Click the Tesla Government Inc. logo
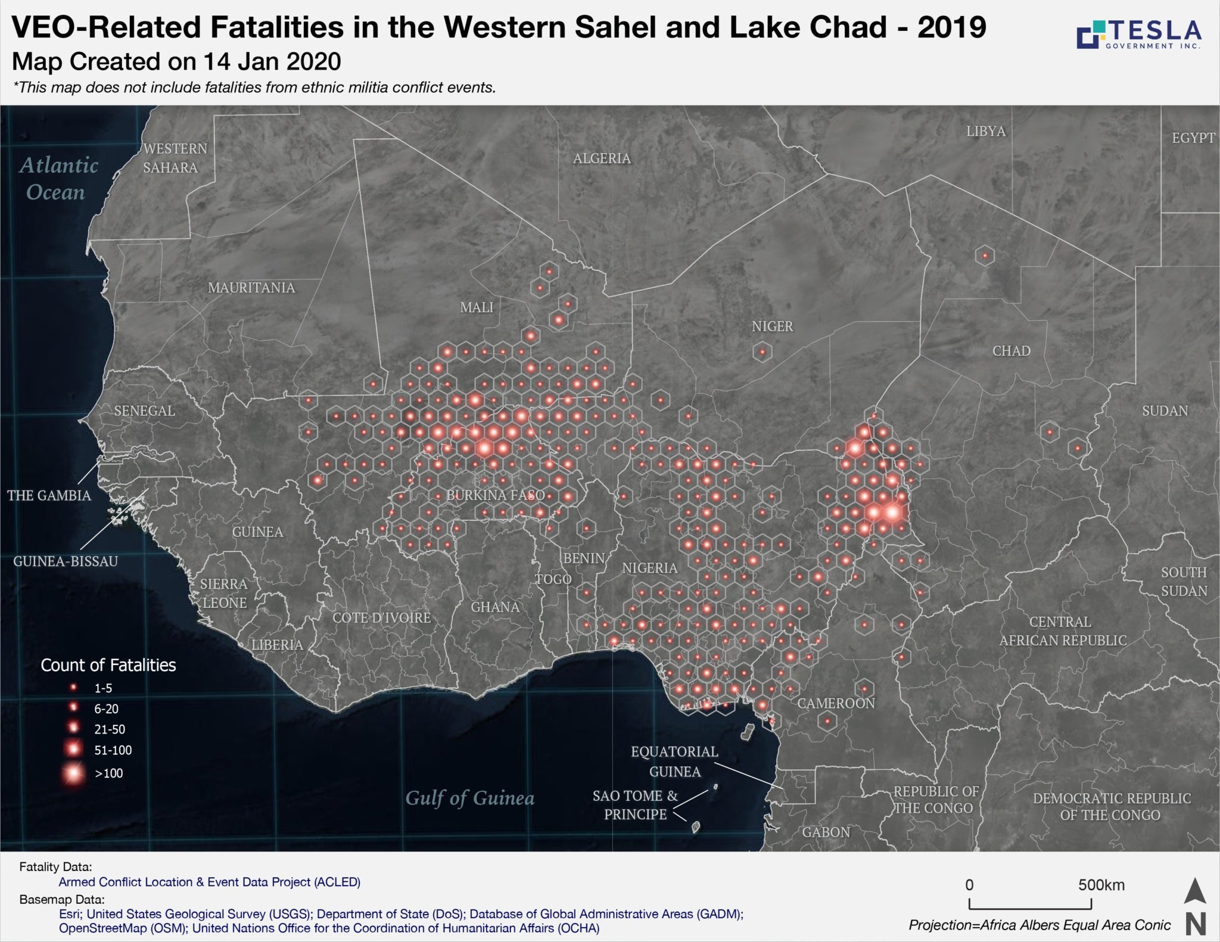(1138, 35)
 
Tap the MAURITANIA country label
(251, 288)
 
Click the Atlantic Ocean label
(58, 178)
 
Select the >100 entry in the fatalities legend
(108, 773)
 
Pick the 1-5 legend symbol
(74, 688)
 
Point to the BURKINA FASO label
(496, 495)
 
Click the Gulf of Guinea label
(470, 798)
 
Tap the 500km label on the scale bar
(1101, 885)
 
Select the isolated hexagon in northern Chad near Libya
(985, 256)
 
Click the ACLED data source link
(209, 882)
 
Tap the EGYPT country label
(1193, 138)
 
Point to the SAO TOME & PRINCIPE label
(635, 804)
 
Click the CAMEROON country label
(836, 703)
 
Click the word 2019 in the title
(951, 27)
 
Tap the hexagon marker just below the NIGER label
(762, 353)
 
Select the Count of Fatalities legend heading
(108, 665)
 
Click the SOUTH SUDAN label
(1184, 581)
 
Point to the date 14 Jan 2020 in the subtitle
(272, 61)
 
